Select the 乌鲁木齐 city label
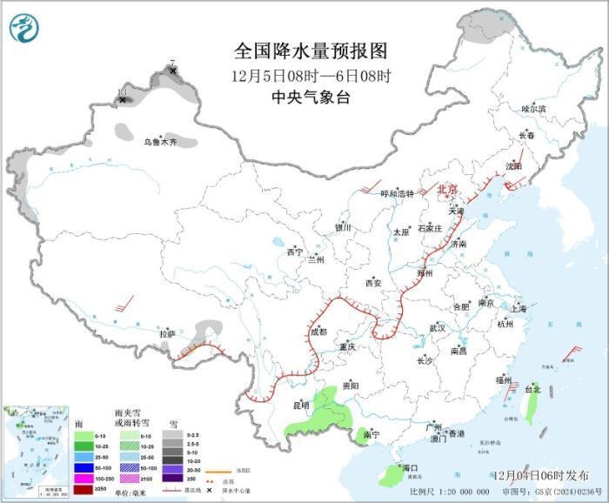160,142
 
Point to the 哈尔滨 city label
533,109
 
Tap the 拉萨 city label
167,333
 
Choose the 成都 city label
318,332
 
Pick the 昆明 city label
300,405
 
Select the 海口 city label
410,467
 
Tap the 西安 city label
373,283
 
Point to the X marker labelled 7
173,70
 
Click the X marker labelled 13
123,100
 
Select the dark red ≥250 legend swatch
80,490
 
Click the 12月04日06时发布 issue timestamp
539,475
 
